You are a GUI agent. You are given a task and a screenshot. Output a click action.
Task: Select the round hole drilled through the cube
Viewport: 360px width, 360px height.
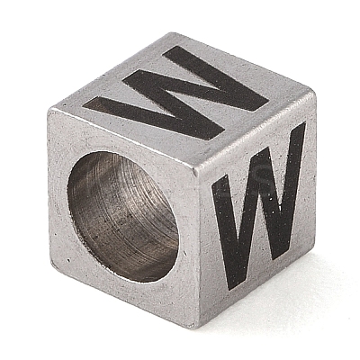pyautogui.click(x=123, y=217)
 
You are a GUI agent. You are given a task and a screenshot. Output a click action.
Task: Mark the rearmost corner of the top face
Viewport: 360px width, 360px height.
pyautogui.click(x=174, y=33)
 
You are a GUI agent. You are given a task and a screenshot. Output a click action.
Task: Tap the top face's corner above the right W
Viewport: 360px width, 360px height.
pyautogui.click(x=312, y=91)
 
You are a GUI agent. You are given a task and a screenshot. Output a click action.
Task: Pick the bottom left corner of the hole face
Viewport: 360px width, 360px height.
pyautogui.click(x=51, y=264)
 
